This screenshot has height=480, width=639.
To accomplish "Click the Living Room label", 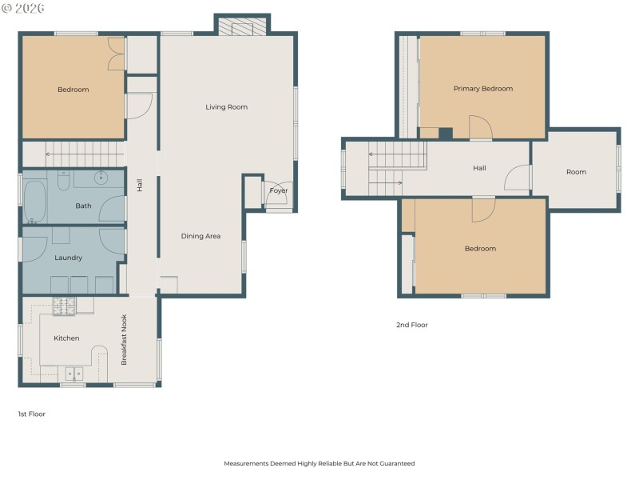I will click(226, 107).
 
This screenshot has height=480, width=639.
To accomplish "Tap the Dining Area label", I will click(200, 236).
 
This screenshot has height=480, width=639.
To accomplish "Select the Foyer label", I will click(278, 191).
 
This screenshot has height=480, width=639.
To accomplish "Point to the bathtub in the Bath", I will click(35, 201).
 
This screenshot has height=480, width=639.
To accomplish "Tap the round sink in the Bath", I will click(102, 178).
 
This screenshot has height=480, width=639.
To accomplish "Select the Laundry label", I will click(68, 258).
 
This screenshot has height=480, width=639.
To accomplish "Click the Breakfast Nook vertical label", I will click(124, 340).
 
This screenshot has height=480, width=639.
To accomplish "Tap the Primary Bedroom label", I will click(482, 89).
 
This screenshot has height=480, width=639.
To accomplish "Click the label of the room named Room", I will click(576, 172).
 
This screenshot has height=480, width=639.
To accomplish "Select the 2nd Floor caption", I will click(411, 325).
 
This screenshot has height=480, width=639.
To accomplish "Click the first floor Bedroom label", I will click(73, 90).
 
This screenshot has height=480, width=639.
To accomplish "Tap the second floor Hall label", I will click(479, 169).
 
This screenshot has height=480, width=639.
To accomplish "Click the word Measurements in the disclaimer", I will click(248, 463).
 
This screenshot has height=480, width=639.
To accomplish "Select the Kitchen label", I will click(66, 338).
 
